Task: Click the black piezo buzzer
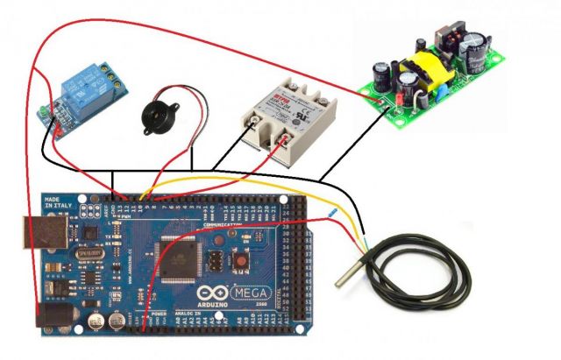coord(161,112)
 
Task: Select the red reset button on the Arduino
coord(242,260)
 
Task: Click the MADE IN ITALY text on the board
coord(52,203)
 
